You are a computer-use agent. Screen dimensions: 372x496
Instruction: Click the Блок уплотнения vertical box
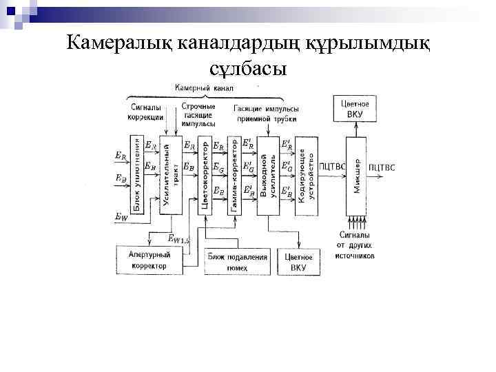[x=136, y=176]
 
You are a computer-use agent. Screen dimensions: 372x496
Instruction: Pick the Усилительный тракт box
[x=170, y=176]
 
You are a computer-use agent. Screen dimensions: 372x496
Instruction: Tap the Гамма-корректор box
[x=234, y=176]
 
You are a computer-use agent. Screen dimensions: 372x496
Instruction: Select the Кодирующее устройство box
[x=307, y=176]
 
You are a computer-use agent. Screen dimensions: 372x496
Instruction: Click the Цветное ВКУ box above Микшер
[x=355, y=109]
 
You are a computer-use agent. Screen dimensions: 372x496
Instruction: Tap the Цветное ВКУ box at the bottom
[x=298, y=262]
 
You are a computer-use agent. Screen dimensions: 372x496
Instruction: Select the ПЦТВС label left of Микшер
[x=332, y=167]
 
